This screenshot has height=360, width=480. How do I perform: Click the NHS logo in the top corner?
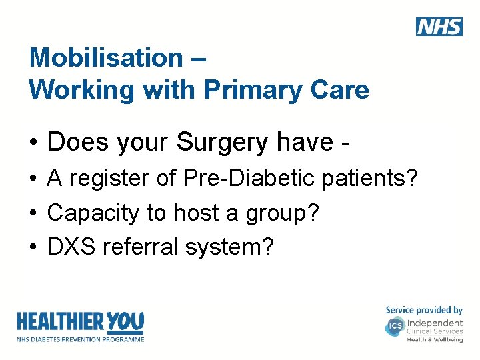point(439,26)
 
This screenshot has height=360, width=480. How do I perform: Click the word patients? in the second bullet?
point(370,179)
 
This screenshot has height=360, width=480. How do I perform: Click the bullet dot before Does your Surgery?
point(33,143)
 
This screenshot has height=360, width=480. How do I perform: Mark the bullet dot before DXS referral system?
point(33,247)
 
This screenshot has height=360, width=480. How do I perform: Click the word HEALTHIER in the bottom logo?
point(59,323)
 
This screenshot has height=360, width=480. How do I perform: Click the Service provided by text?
point(424,310)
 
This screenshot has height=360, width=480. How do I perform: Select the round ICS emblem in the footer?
point(395,327)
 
